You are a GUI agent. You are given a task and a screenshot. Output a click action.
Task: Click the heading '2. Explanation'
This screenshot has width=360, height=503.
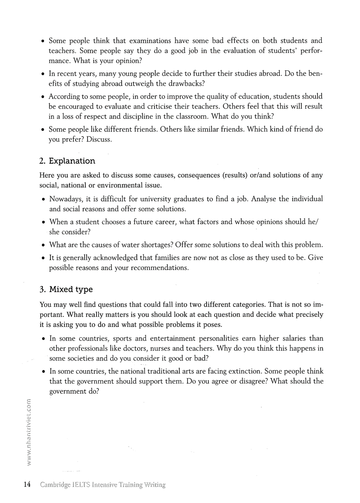point(67,161)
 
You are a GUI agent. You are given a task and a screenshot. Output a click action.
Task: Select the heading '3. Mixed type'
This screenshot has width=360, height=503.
point(66,289)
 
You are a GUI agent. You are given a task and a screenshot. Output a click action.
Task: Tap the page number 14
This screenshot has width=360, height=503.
point(27,484)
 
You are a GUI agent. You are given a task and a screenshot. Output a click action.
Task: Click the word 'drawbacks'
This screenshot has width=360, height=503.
point(185,84)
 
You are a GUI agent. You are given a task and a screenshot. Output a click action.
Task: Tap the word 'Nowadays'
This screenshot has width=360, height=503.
point(66,199)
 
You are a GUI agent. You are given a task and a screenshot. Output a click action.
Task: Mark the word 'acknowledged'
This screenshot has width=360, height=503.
point(114,258)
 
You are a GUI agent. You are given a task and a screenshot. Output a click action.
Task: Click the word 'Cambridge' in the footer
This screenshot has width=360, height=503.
point(55,485)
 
